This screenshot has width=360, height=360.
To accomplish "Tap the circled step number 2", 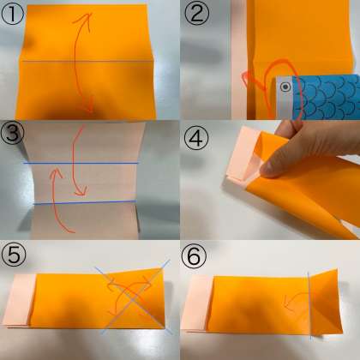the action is click(x=197, y=14).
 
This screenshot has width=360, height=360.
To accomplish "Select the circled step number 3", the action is click(x=12, y=134).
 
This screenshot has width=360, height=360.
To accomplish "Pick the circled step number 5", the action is click(x=14, y=255).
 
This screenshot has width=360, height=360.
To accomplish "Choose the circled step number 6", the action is click(x=194, y=255).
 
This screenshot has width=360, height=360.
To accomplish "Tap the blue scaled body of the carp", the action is click(x=326, y=97).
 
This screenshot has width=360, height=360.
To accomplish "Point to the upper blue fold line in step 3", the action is click(x=81, y=164).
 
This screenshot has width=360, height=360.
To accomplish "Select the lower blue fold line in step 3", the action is click(x=85, y=203).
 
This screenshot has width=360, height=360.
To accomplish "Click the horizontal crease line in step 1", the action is click(x=87, y=61).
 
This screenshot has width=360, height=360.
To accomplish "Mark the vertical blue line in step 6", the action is click(x=309, y=306).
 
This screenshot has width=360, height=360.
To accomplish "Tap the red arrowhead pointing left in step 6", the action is click(x=286, y=306).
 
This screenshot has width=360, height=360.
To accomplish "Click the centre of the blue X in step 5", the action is click(x=134, y=297).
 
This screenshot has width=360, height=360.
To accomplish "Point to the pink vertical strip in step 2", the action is click(x=239, y=60).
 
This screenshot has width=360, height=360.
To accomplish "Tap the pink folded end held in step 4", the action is click(x=243, y=156).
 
